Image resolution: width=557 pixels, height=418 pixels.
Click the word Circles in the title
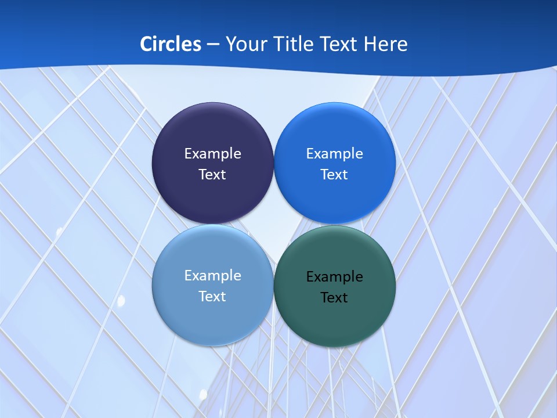click(x=170, y=44)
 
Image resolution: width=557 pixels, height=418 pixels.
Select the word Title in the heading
click(x=295, y=44)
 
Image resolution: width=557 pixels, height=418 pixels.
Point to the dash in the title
click(x=213, y=45)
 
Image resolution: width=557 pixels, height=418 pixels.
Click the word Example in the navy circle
click(x=212, y=154)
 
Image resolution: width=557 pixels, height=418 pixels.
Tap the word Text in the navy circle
click(x=212, y=175)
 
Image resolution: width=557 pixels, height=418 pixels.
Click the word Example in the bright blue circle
click(x=334, y=154)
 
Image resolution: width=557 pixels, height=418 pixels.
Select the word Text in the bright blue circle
click(x=334, y=175)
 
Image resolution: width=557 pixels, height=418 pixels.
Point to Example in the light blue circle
click(x=212, y=276)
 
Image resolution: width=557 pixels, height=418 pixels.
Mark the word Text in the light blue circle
click(x=212, y=297)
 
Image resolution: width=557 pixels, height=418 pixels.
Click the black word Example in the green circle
click(x=334, y=277)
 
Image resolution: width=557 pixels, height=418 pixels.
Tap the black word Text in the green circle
click(x=334, y=298)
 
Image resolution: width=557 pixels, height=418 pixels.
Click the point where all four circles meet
click(x=273, y=225)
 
